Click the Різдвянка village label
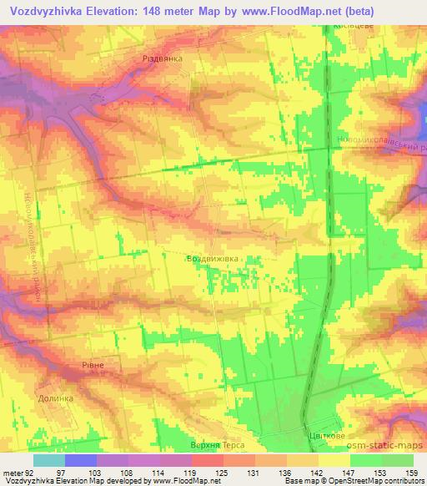coord(163,59)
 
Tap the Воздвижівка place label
coord(214,259)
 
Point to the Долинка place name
coord(56,398)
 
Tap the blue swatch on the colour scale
coord(81,460)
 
